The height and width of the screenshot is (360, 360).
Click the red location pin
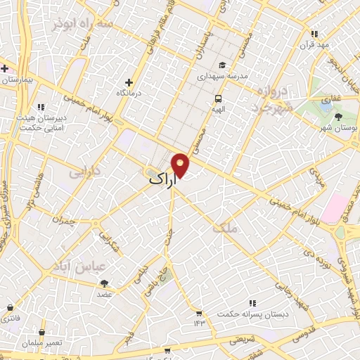[x=181, y=164]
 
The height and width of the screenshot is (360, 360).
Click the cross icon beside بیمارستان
[x=5, y=68]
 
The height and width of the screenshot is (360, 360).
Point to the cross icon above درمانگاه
[x=128, y=82]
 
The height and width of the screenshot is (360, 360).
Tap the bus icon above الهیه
[x=218, y=99]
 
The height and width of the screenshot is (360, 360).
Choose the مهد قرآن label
[x=314, y=45]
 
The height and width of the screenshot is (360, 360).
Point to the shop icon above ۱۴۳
[x=199, y=313]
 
